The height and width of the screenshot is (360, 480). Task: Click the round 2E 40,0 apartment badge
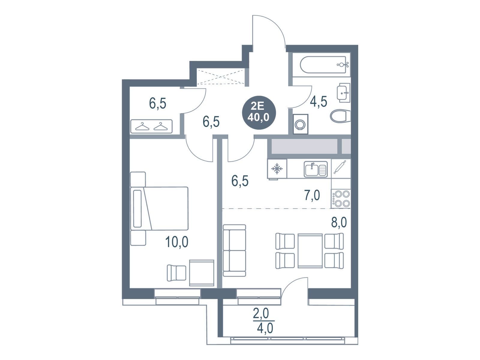point(259,112)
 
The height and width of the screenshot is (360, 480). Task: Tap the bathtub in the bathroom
point(323,65)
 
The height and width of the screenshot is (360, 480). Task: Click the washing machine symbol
point(301,124)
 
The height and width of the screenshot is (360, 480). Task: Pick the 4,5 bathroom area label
point(318,101)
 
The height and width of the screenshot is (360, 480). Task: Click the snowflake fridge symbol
point(277,169)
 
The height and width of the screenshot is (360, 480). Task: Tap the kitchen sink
point(315,169)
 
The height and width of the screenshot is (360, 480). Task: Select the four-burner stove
point(341,199)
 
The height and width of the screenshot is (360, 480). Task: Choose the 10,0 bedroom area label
point(177,242)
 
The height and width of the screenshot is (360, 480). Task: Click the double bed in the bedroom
point(159,208)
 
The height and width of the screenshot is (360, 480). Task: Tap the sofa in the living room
point(234,250)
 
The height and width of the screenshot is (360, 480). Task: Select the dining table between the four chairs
point(310,250)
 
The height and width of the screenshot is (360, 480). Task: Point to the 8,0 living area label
point(339,223)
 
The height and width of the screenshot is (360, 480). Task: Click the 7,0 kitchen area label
point(312,195)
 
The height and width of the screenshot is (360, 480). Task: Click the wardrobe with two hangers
point(151,126)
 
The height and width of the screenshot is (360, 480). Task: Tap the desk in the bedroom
point(201,273)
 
